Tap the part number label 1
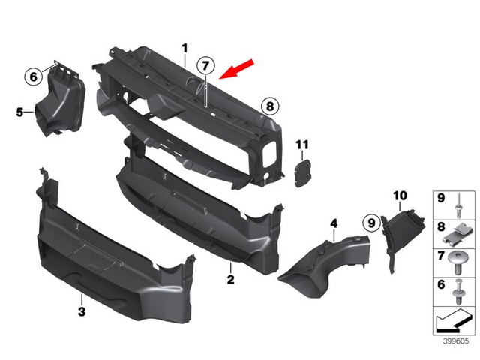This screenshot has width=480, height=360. click(184, 49)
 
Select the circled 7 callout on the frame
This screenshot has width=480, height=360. click(206, 65)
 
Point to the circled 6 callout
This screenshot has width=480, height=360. click(33, 76)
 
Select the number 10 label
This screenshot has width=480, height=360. click(400, 196)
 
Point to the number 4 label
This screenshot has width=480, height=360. click(334, 223)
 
